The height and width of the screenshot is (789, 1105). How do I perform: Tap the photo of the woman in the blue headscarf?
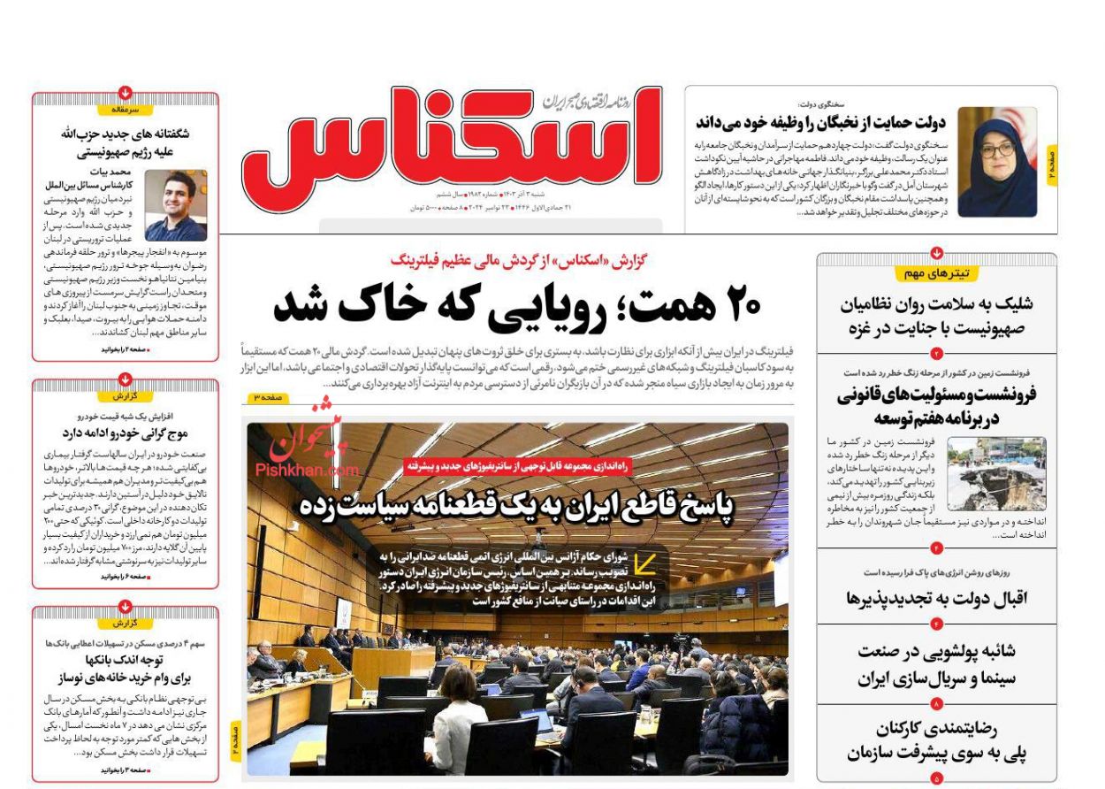coord(997,162)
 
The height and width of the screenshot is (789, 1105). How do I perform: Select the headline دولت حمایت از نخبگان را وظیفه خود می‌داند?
coord(820,122)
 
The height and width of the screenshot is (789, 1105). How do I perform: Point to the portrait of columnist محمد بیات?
coord(176,206)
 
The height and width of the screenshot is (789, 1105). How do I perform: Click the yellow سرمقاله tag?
coord(126,110)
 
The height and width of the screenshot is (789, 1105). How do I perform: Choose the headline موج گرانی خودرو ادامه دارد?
coord(126,433)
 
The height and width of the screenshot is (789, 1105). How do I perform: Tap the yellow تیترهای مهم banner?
coord(937,273)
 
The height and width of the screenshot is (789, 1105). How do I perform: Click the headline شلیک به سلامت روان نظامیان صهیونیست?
coord(937,315)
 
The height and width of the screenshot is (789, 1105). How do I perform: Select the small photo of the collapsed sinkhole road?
coord(996,473)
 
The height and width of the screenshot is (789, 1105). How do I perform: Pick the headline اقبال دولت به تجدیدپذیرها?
coord(937,599)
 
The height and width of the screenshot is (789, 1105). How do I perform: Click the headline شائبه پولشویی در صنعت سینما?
coord(937,664)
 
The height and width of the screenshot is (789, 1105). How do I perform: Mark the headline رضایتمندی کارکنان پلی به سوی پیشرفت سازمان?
coord(937,741)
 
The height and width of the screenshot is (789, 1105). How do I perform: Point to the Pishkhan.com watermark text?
coord(308,471)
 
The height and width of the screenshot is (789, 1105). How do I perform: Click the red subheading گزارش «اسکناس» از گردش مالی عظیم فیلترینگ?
coord(519,260)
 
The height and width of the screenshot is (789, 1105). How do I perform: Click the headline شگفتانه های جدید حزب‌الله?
coord(126,142)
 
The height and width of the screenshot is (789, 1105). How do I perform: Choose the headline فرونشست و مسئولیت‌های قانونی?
coord(937,406)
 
